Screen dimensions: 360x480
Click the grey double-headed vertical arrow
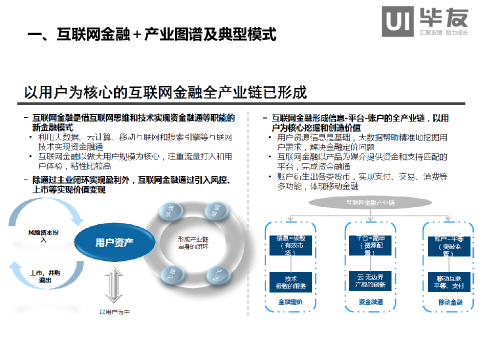click(114, 285)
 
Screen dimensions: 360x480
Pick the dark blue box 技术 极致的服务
click(291, 282)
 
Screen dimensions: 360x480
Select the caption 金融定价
click(290, 302)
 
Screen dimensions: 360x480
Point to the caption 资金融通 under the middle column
click(370, 302)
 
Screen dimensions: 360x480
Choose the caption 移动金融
click(450, 302)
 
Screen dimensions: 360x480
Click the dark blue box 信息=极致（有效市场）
click(291, 245)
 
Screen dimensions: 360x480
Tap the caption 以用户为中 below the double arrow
click(114, 312)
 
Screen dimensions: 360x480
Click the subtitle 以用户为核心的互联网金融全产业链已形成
click(165, 92)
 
